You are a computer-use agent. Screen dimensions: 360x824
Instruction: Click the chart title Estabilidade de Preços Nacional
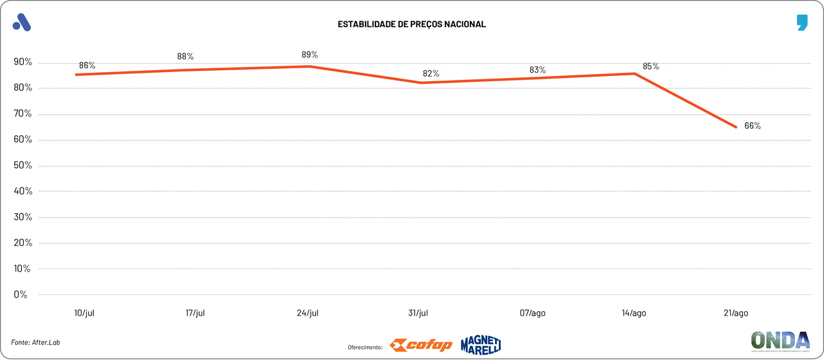pos(411,24)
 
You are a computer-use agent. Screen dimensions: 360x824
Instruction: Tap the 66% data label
pos(753,126)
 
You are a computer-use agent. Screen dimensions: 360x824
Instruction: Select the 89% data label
pos(310,55)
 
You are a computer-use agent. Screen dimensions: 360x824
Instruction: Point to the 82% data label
pos(431,73)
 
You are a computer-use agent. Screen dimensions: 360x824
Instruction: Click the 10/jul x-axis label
pos(85,313)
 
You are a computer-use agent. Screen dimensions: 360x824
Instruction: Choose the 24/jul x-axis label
pos(308,313)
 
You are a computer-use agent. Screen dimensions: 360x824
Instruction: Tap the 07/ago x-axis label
pos(532,313)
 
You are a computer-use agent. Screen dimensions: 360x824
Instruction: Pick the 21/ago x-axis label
pos(735,313)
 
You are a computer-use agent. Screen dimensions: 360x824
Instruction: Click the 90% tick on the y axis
pos(22,62)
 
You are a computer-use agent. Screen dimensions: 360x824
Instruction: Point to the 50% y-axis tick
pos(22,166)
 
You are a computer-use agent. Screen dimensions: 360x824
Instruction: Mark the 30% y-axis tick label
pos(22,217)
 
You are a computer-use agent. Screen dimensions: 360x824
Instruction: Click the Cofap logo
pos(421,345)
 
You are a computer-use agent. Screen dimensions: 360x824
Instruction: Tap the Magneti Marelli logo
pos(480,345)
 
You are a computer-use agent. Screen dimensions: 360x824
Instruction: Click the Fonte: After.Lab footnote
pos(40,342)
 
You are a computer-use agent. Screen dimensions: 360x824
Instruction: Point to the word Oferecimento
pos(365,347)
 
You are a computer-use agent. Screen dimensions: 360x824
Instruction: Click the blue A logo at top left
pos(22,23)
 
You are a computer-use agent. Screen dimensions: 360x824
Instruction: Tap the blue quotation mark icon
pos(801,23)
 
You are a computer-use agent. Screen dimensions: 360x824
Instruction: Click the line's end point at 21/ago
pos(736,127)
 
